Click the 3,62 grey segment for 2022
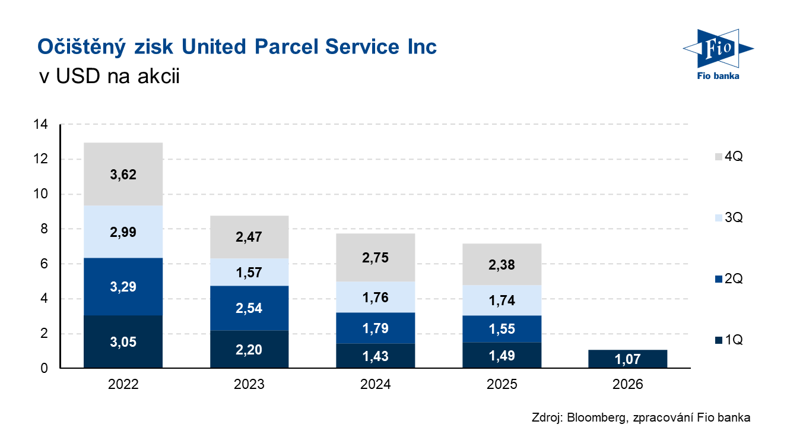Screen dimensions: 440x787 coord(123,174)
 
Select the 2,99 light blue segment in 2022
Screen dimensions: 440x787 coord(123,232)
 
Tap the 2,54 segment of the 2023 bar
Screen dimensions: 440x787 coord(249,308)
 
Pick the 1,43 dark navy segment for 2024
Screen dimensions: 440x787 coord(375,356)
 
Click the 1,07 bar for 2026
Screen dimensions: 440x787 coord(628,359)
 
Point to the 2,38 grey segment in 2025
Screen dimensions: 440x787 coord(502,264)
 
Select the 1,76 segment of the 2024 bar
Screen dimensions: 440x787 coord(375,297)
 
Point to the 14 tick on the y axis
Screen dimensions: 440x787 coord(42,125)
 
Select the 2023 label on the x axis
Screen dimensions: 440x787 coord(249,385)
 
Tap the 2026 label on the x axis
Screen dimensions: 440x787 coord(628,385)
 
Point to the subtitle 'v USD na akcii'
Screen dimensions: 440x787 coord(108,78)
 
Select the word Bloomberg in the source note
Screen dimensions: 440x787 coord(594,417)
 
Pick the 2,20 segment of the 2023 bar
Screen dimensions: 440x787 coord(249,350)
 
